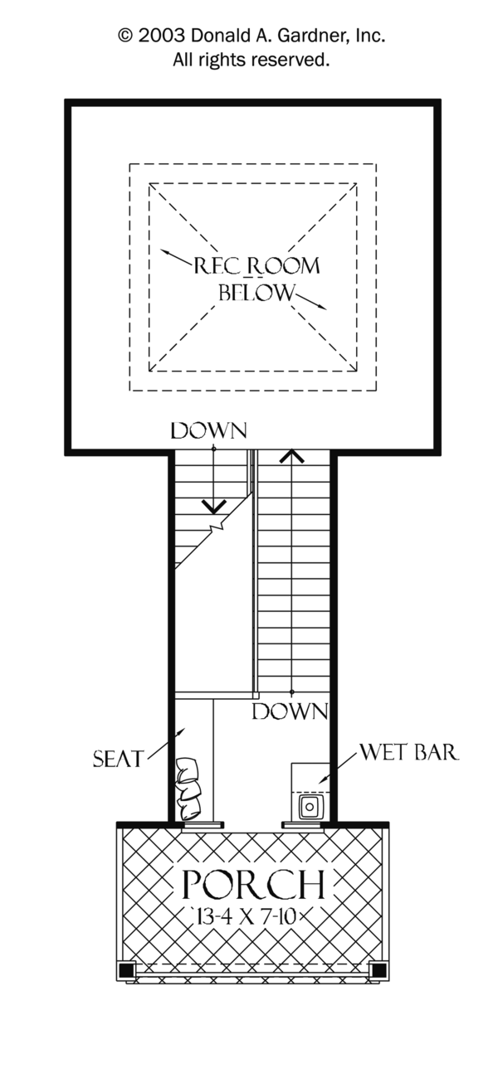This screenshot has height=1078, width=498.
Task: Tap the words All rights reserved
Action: [x=251, y=59]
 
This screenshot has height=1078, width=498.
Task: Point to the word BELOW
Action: [x=256, y=293]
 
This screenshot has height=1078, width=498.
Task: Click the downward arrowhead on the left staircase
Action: [x=214, y=504]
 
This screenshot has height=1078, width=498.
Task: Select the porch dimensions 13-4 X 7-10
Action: [x=252, y=916]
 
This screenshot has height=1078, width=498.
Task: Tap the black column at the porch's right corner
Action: [x=378, y=969]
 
